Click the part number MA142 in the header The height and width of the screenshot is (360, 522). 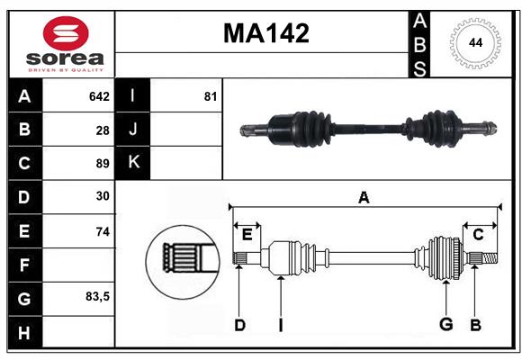coord(265,33)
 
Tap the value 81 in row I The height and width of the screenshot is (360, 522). coord(211,96)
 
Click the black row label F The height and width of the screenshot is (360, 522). coord(24,265)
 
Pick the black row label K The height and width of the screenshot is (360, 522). coord(133,163)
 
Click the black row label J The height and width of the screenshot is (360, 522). coord(133,130)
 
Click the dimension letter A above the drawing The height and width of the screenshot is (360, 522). coord(364,197)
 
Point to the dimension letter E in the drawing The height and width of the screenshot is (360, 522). coord(247,235)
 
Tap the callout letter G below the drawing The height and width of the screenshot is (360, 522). coord(445,325)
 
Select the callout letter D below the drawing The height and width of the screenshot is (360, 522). coord(239,325)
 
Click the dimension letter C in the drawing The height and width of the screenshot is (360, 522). coord(478,235)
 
